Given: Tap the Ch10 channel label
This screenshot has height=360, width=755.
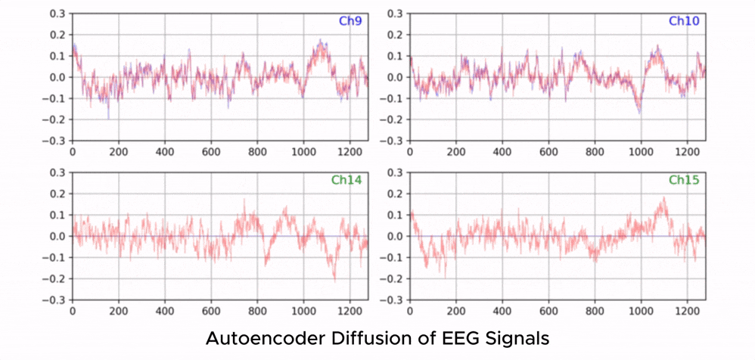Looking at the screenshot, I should coord(683,21).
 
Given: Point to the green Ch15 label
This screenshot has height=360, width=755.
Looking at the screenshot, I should coord(683,181).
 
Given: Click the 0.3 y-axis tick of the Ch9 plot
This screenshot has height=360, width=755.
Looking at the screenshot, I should coord(57,14).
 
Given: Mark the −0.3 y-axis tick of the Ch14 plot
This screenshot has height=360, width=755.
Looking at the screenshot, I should coord(54,300).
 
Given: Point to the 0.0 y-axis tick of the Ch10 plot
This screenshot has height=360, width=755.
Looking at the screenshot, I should coord(393,77).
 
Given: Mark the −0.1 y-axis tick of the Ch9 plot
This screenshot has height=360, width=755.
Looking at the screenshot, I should coord(54,98).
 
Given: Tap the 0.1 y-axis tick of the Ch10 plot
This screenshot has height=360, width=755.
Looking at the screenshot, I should coord(393,56).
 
